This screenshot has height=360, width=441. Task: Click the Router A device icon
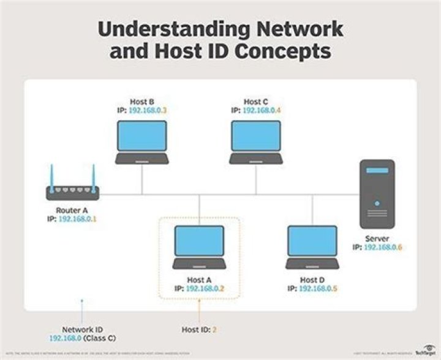[73, 191]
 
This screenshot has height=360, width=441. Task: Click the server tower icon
[377, 194]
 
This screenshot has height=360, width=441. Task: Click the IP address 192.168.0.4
[262, 110]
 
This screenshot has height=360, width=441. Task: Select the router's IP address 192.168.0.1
[78, 219]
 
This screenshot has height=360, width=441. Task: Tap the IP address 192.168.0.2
[206, 288]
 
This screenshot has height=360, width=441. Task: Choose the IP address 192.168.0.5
[319, 288]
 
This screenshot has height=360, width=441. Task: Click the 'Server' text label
[377, 239]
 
